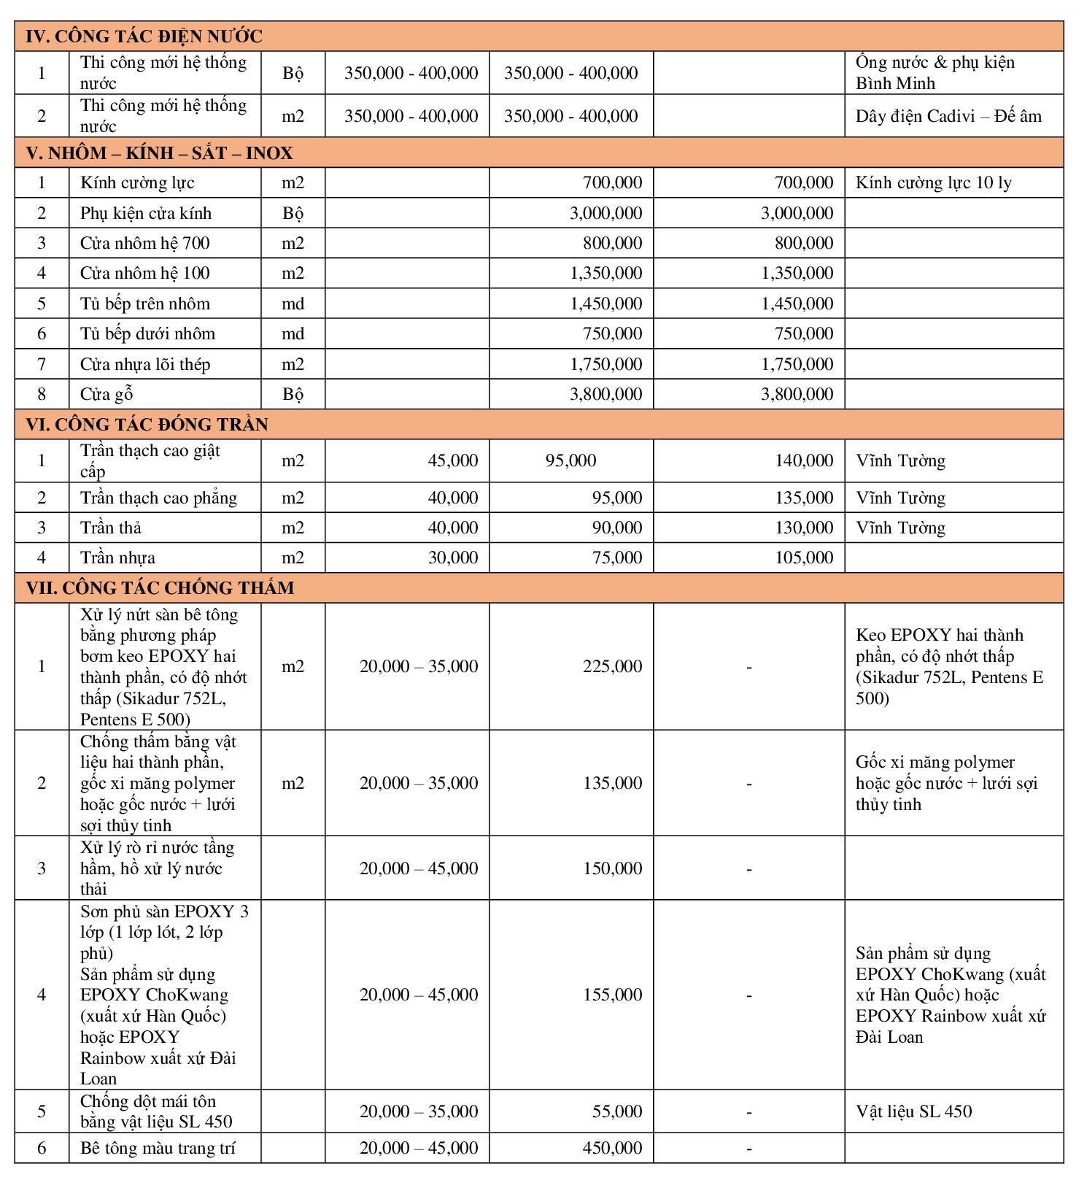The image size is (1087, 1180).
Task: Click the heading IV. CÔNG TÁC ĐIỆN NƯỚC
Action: pos(144,36)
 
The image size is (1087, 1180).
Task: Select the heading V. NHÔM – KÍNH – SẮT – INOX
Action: pos(159,153)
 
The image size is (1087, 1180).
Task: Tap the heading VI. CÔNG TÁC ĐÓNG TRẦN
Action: pos(147,425)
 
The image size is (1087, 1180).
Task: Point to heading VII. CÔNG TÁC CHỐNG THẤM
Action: pos(160,588)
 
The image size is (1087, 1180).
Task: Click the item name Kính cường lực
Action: pos(137,183)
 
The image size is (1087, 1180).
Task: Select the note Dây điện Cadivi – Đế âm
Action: pos(948,116)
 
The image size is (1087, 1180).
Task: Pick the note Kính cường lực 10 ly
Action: pos(933,183)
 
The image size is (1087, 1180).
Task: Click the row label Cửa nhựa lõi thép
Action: pos(145,364)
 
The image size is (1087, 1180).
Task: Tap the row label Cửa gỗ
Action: pos(107,395)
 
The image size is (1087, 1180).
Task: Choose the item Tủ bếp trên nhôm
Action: pos(145,304)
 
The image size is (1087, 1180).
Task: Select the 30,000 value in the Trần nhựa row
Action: pos(452,558)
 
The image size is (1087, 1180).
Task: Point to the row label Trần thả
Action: pos(111,528)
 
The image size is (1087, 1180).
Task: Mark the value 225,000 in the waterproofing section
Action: pos(612,666)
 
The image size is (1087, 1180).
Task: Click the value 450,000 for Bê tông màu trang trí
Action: pos(612,1148)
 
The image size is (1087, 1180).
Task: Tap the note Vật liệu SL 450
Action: pos(913,1111)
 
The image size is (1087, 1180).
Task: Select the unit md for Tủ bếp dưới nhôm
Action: pos(293,334)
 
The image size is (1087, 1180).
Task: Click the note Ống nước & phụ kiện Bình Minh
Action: pos(935,73)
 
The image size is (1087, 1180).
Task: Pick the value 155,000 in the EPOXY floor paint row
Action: pos(612,995)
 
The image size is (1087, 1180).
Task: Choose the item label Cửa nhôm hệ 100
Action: pos(144,274)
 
